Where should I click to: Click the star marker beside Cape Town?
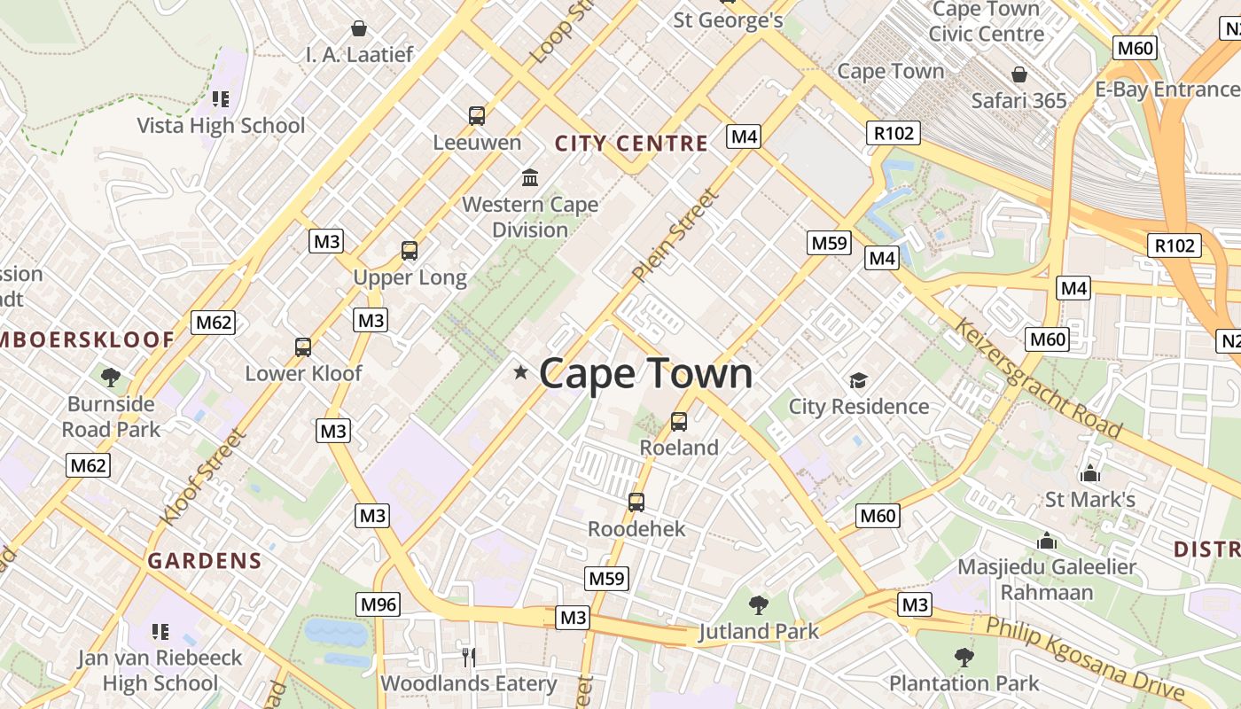coord(520,373)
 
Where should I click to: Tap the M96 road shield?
coord(379,604)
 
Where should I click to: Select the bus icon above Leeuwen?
coord(477,115)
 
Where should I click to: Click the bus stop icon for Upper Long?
coord(409,251)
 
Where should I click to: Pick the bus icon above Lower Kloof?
coord(303,347)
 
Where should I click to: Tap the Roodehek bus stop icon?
coord(636,503)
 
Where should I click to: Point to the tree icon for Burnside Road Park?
coord(111,378)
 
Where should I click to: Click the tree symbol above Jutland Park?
coord(758,605)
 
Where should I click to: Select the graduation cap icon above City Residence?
coord(858,381)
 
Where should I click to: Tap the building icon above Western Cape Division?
coord(530,178)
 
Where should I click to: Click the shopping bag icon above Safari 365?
coord(1019,74)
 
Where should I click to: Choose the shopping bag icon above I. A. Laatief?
coord(359,28)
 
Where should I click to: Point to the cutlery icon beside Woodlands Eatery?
coord(469,657)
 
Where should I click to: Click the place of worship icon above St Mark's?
coord(1090,473)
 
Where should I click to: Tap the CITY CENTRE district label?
coord(631,144)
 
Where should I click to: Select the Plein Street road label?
coord(675,236)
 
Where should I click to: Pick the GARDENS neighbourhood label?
coord(205,561)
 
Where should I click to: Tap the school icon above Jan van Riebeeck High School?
coord(160,632)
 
